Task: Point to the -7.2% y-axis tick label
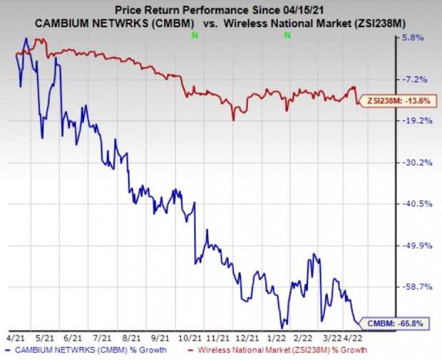[x=416, y=79]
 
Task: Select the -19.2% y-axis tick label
[x=416, y=120]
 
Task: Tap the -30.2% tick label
[x=416, y=163]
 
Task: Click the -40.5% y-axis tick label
[x=416, y=204]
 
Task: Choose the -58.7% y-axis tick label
[x=416, y=287]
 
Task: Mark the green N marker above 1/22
[x=287, y=34]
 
